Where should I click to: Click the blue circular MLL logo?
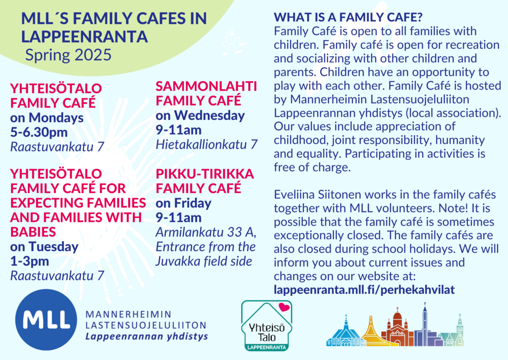pos(46,319)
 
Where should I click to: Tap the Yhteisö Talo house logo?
pos(267,325)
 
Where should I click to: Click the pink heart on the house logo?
pos(284,307)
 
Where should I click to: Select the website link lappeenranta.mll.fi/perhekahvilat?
pos(364,289)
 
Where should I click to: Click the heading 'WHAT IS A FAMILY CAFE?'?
pos(348,17)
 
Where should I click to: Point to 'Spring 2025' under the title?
pos(69,55)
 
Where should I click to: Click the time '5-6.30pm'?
pos(39,132)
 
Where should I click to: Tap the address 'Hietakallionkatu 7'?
pos(207,144)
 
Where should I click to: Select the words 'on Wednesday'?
pos(200,116)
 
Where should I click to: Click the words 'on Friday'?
pos(183,203)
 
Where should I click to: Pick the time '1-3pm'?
pos(29,261)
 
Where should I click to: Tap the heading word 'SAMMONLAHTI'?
pos(206,86)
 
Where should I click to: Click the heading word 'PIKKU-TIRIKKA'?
pos(205,174)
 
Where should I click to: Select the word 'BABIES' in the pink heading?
pos(33,232)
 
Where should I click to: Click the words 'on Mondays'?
pos(47,118)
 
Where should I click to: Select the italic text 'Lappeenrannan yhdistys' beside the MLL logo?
pos(147,336)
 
